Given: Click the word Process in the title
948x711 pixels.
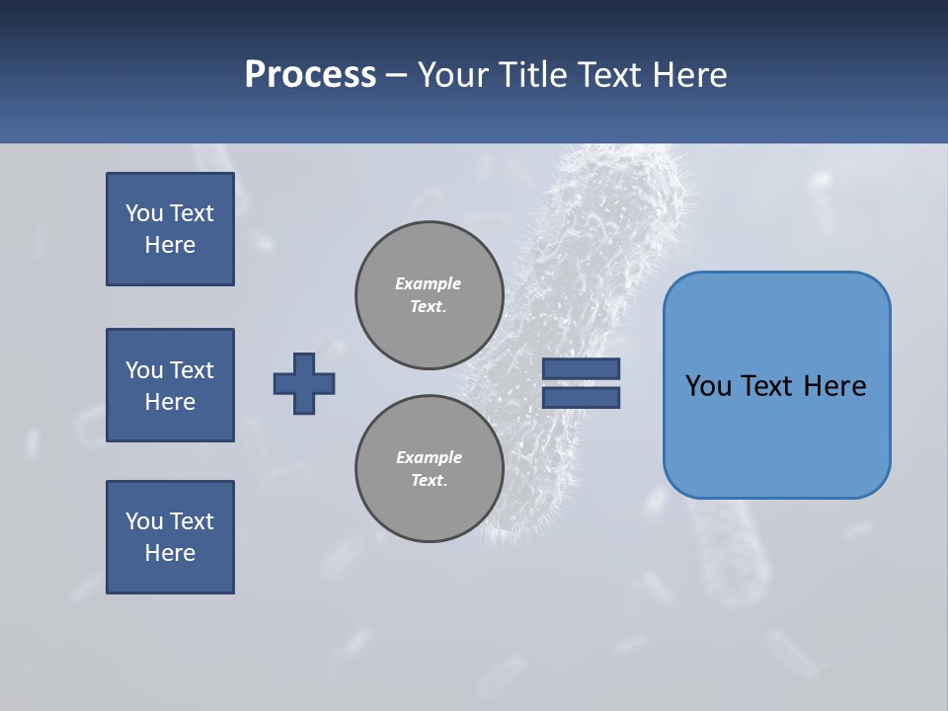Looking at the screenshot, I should point(310,75).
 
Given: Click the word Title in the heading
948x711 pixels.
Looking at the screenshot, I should point(537,75).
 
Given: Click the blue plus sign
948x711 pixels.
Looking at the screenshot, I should point(304,383).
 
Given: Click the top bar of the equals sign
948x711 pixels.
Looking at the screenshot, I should point(582,368).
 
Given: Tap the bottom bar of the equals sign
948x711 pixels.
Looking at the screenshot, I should point(582,398).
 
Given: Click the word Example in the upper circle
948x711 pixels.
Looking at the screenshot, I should point(428,283).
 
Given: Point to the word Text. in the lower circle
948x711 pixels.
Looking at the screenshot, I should point(429,481).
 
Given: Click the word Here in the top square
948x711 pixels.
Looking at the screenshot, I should point(170,245).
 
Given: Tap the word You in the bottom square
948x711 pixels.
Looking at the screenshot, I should point(144,521).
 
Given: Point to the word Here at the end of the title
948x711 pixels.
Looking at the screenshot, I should point(693,75).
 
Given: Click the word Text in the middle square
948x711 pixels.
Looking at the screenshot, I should point(192,370).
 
